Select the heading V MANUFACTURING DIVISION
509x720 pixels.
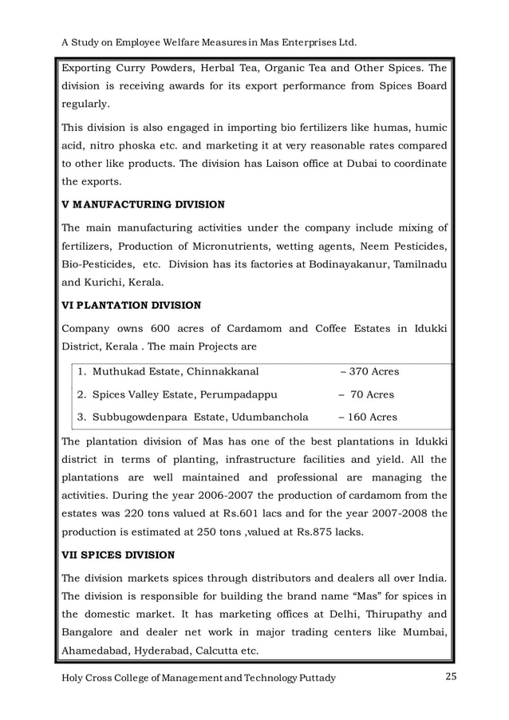143,204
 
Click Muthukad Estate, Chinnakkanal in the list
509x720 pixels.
175,371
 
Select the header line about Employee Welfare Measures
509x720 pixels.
209,40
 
